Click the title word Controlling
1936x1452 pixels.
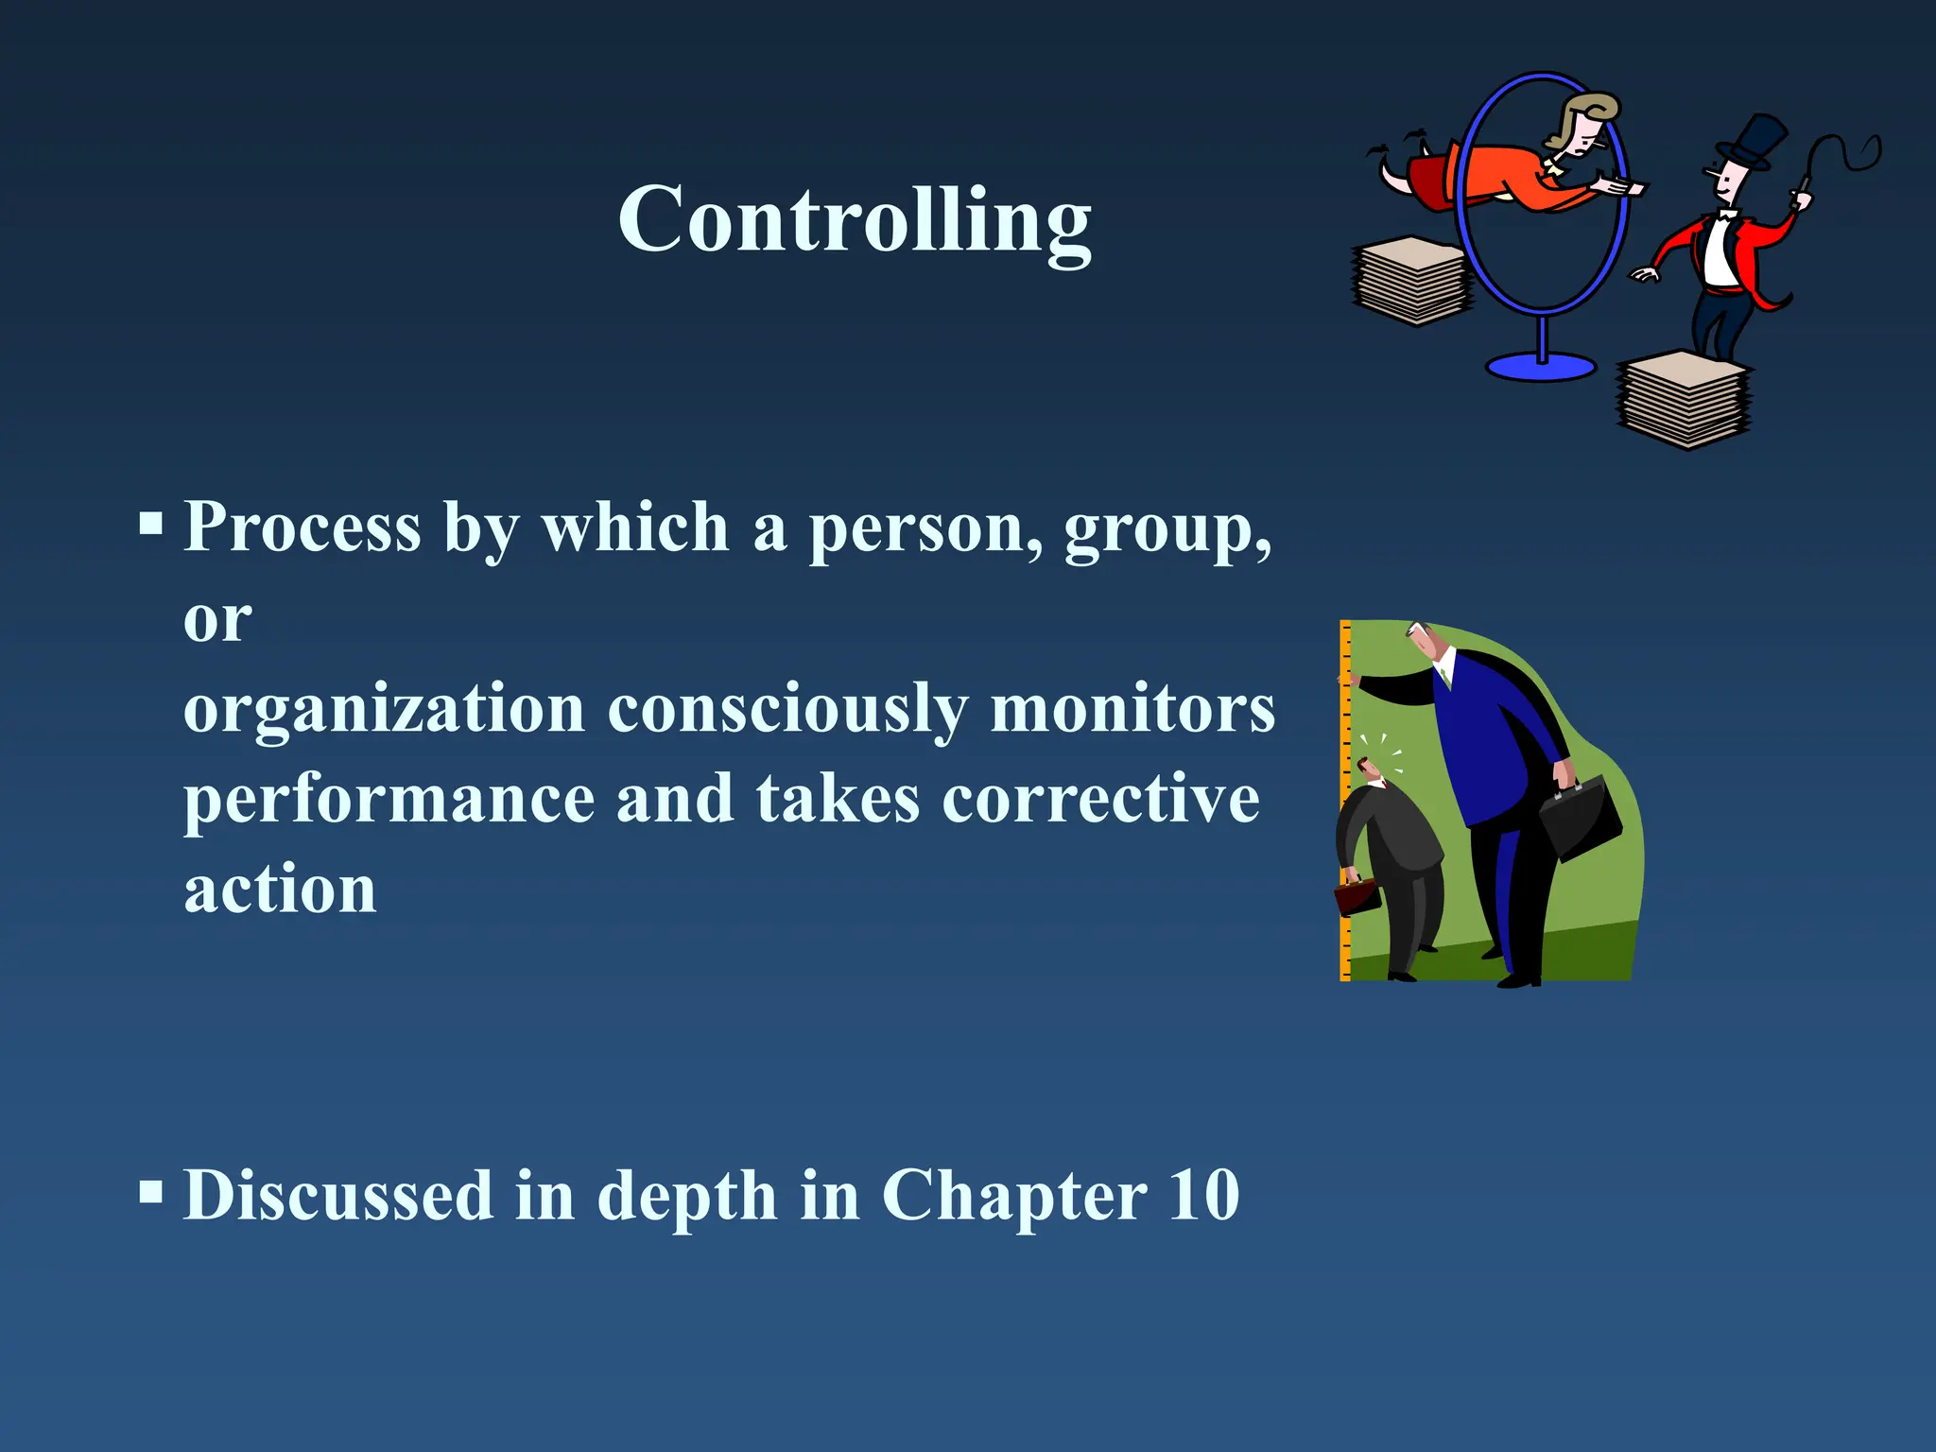(x=855, y=220)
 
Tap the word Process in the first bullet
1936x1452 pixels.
(x=302, y=527)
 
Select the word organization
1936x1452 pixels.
(x=384, y=709)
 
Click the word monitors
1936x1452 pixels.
(x=1132, y=709)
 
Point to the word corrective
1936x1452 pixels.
(x=1100, y=800)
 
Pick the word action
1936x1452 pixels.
(x=280, y=890)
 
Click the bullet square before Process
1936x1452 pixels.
(x=151, y=523)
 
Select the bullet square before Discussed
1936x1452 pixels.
(x=151, y=1191)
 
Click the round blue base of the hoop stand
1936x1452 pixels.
(x=1541, y=367)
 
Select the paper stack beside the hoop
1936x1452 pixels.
(x=1412, y=281)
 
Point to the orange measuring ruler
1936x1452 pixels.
(x=1345, y=804)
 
